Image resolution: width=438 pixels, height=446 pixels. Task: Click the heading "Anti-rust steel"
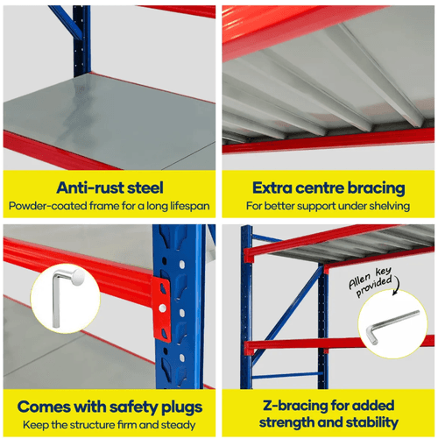point(109,188)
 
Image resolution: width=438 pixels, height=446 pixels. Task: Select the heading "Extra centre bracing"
point(328,188)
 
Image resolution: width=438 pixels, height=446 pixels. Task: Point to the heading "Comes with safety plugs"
point(109,407)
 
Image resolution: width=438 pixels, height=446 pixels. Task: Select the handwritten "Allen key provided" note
point(371,281)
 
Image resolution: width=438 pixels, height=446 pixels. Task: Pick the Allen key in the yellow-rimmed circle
point(392,326)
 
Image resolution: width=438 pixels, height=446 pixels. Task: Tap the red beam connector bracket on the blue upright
point(161,309)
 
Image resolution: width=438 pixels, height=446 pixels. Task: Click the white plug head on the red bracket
point(162,308)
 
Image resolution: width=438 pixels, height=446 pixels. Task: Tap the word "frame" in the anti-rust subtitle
point(104,206)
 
